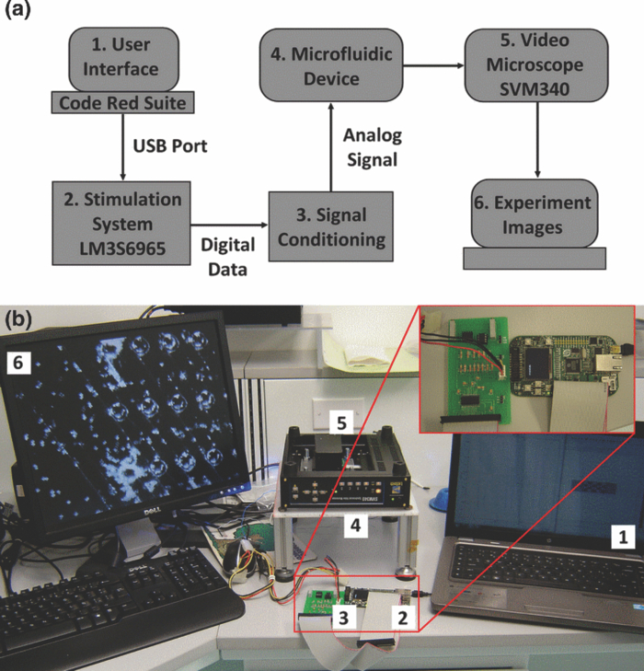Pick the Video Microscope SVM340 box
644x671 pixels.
click(x=536, y=65)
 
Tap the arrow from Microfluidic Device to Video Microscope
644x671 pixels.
click(x=431, y=66)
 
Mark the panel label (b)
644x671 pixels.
click(x=22, y=319)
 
